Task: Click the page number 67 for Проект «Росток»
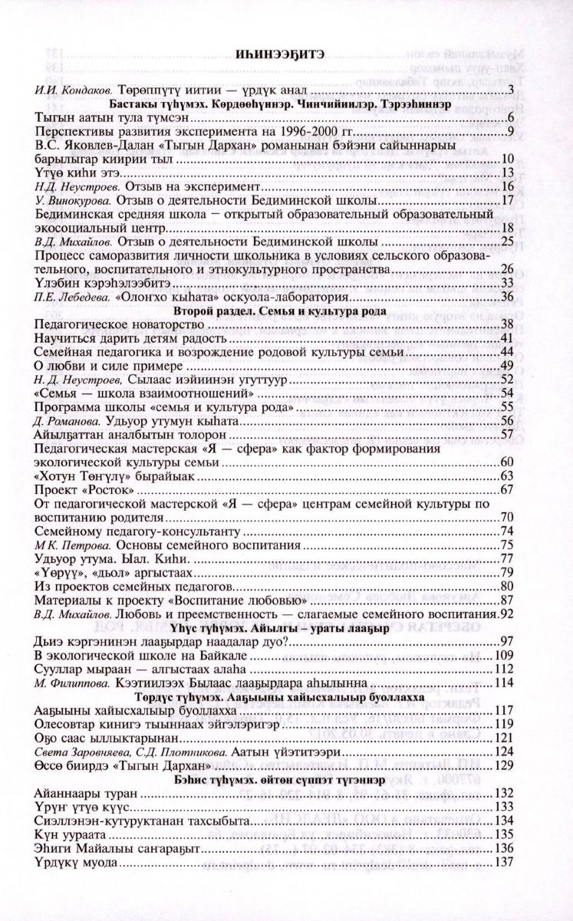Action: [x=506, y=489]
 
